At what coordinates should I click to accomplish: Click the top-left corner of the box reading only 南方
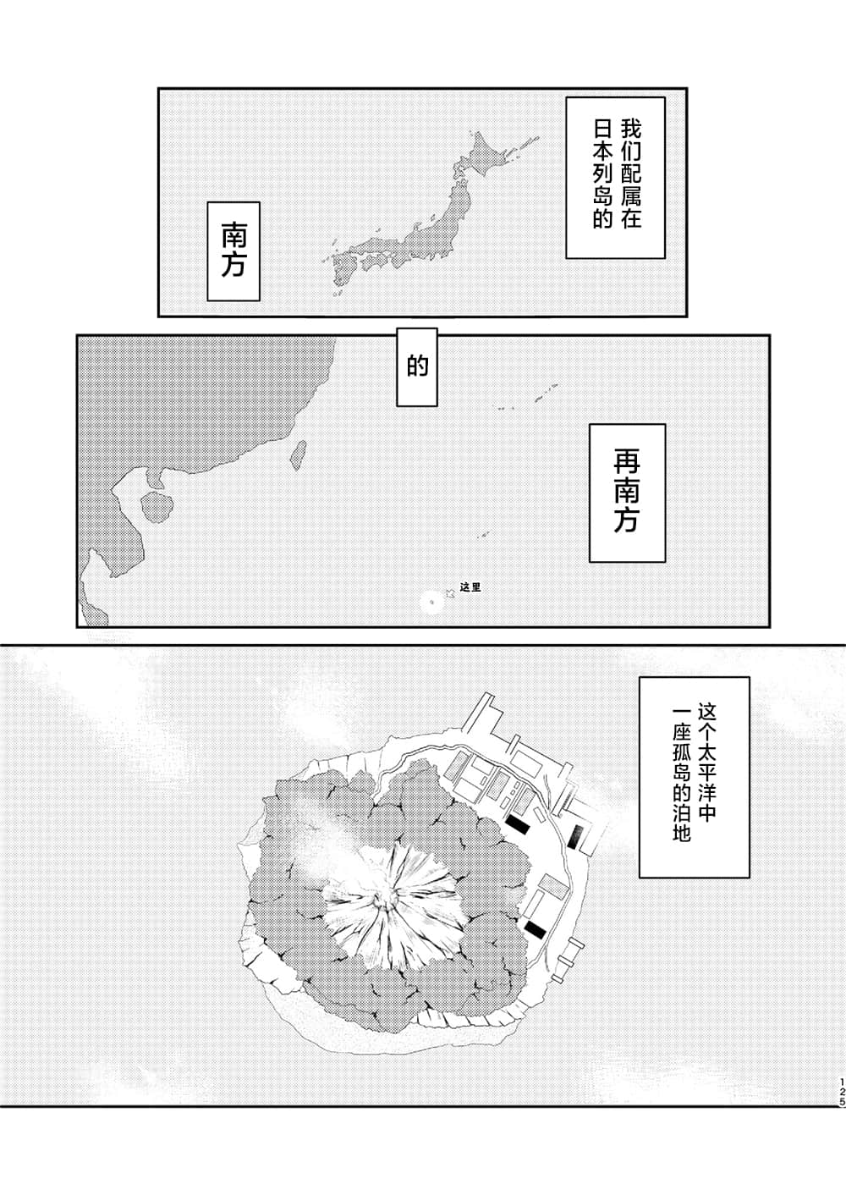[x=207, y=202]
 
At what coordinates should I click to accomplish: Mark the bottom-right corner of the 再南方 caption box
[x=665, y=562]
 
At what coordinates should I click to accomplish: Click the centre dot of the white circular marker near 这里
[x=431, y=603]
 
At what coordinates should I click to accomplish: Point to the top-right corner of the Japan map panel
[x=686, y=89]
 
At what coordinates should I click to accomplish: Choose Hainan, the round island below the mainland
[x=156, y=505]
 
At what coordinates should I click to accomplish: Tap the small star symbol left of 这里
[x=450, y=592]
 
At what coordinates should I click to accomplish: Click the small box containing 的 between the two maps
[x=417, y=366]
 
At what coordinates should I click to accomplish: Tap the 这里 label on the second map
[x=470, y=587]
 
